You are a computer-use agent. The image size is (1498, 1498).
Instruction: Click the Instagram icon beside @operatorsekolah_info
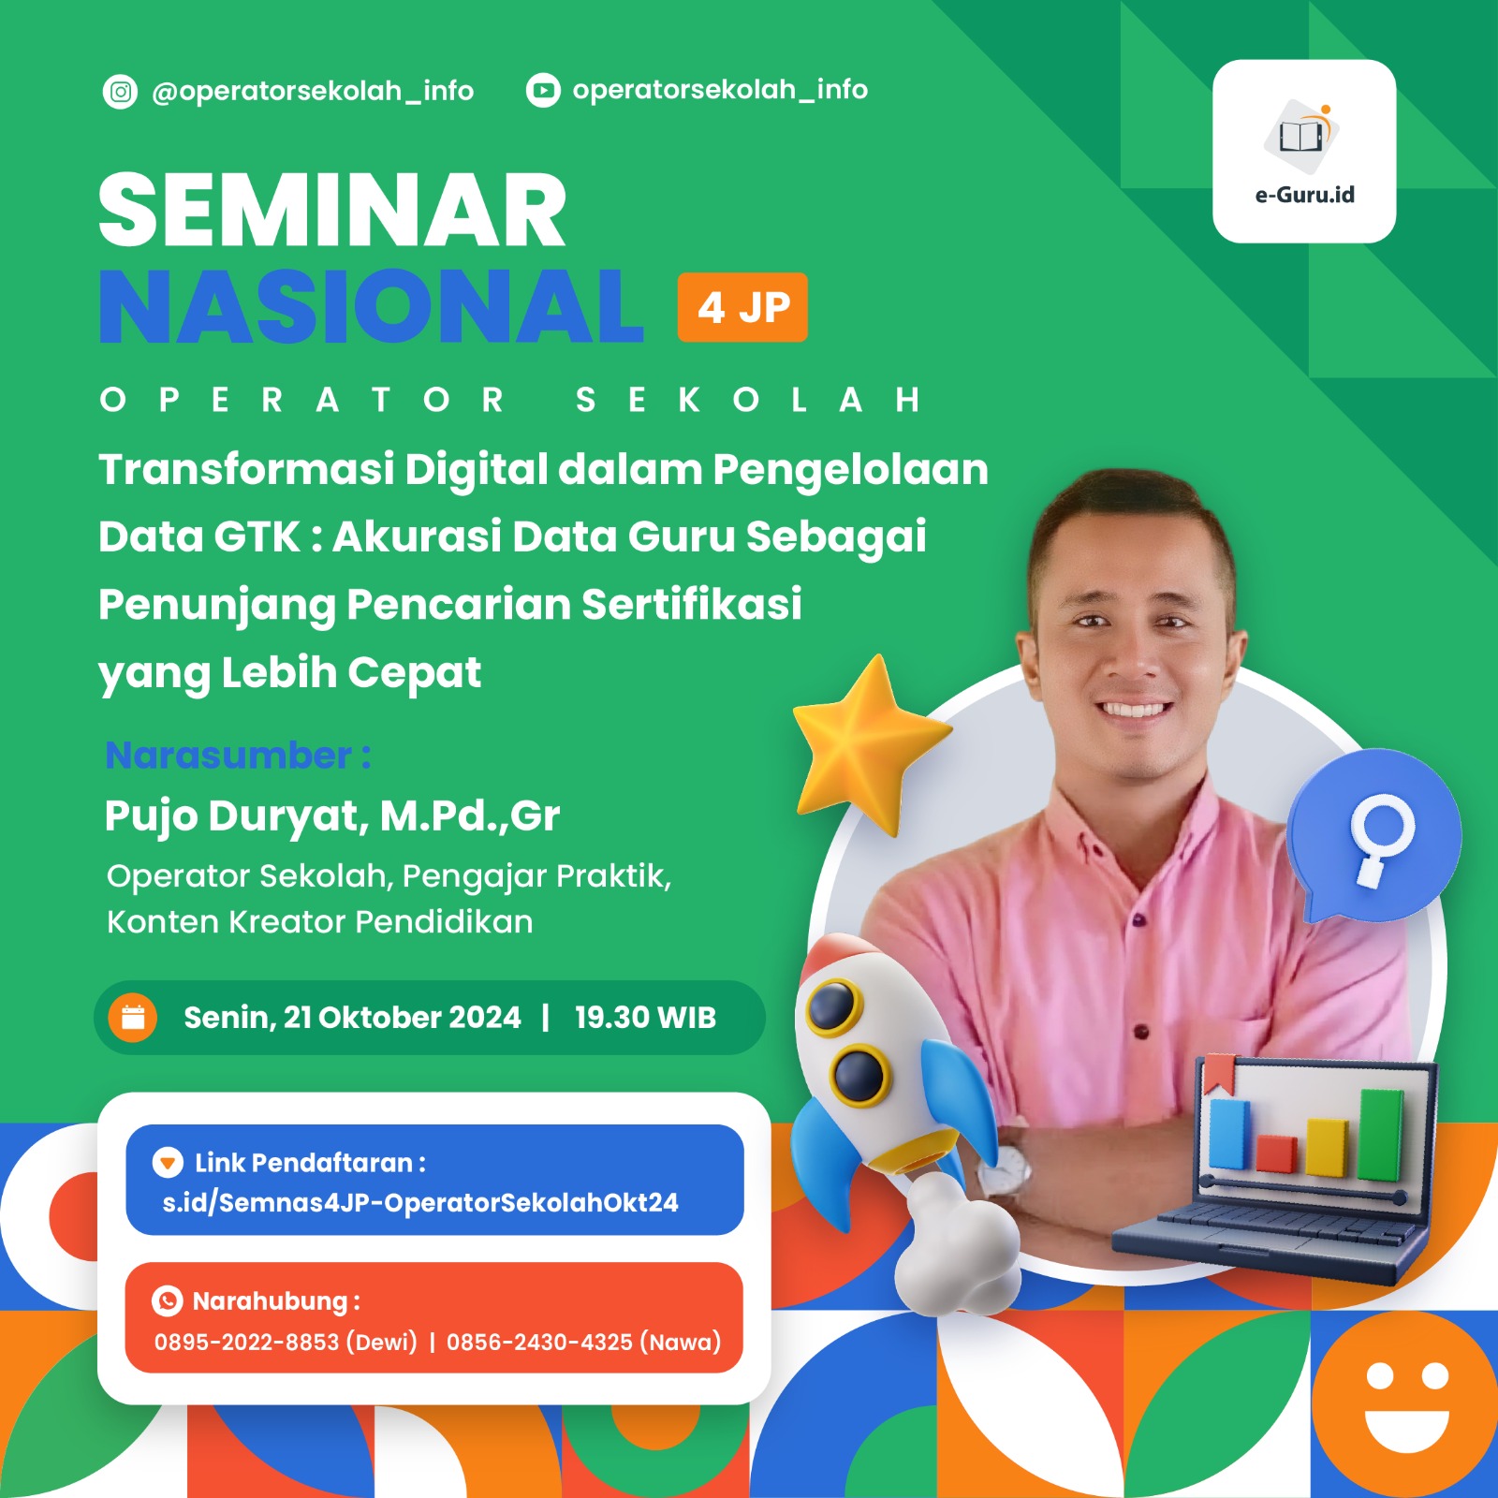[x=120, y=92]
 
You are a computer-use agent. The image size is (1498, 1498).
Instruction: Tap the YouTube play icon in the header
[x=543, y=91]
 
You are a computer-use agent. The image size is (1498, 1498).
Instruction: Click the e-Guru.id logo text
[x=1304, y=195]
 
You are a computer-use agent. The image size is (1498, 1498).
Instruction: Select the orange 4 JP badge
[x=742, y=307]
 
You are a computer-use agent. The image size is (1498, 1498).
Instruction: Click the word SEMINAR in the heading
[x=332, y=212]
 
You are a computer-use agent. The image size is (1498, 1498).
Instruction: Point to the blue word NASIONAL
[x=371, y=307]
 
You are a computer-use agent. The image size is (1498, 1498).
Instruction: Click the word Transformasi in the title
[x=246, y=469]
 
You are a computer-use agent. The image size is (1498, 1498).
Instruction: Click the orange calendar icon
[x=133, y=1017]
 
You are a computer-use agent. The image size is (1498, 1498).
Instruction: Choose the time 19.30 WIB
[x=645, y=1018]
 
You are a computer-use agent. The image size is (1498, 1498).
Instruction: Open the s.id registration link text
[x=420, y=1202]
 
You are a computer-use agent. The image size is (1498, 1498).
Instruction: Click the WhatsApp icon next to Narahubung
[x=167, y=1300]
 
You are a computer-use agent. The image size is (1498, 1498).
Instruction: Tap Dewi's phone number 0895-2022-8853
[x=246, y=1342]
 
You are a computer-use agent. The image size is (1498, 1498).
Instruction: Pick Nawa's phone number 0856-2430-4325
[x=539, y=1342]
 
